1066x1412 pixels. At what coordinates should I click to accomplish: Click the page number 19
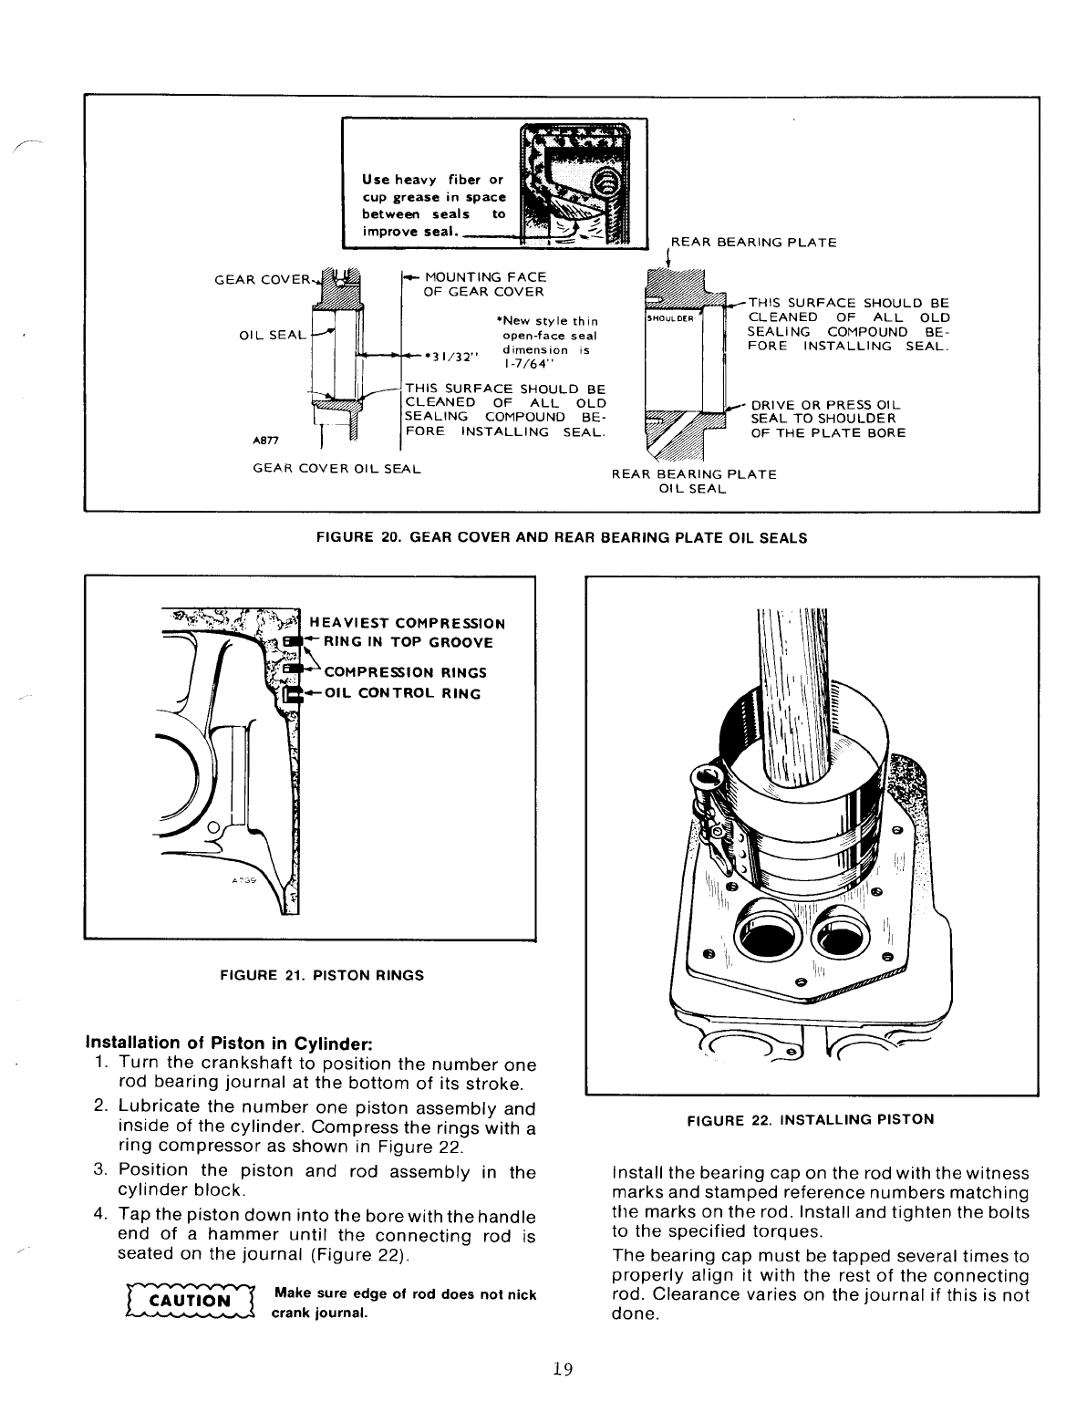(x=562, y=1368)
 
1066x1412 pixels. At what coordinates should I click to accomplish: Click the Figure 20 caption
(x=561, y=538)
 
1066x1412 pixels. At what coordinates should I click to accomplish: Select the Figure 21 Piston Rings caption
(x=309, y=975)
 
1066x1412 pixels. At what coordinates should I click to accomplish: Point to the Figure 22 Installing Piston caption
(x=811, y=1119)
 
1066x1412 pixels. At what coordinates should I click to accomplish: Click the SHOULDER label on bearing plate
(x=670, y=319)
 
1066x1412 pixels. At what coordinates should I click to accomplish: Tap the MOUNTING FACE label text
(x=485, y=277)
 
